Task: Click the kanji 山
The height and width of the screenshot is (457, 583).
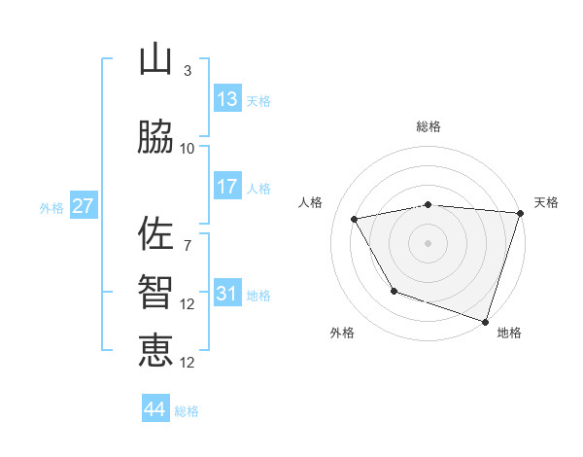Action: coord(155,60)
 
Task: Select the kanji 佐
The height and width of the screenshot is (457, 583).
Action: coord(155,234)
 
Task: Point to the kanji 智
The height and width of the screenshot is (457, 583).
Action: coord(155,293)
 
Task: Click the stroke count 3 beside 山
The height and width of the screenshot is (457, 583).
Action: coord(187,71)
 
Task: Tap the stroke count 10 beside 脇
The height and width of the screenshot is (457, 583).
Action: coord(188,148)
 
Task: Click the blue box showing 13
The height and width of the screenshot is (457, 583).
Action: coord(226,98)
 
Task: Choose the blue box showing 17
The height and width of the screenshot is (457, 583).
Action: coord(226,186)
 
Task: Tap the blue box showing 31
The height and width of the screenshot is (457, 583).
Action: coord(226,293)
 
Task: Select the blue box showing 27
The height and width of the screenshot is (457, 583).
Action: coord(83,205)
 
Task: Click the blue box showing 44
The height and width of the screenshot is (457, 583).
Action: coord(155,409)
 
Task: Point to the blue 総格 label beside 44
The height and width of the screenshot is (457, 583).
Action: coord(187,411)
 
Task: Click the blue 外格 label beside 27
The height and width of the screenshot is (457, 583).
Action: coord(51,207)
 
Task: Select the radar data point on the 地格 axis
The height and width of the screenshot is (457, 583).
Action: coord(484,321)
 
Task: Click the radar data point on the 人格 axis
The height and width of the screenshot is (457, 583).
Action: coord(355,220)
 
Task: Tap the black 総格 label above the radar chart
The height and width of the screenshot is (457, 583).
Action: coord(429,126)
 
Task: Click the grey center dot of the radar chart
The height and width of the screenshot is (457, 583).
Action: coord(429,242)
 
